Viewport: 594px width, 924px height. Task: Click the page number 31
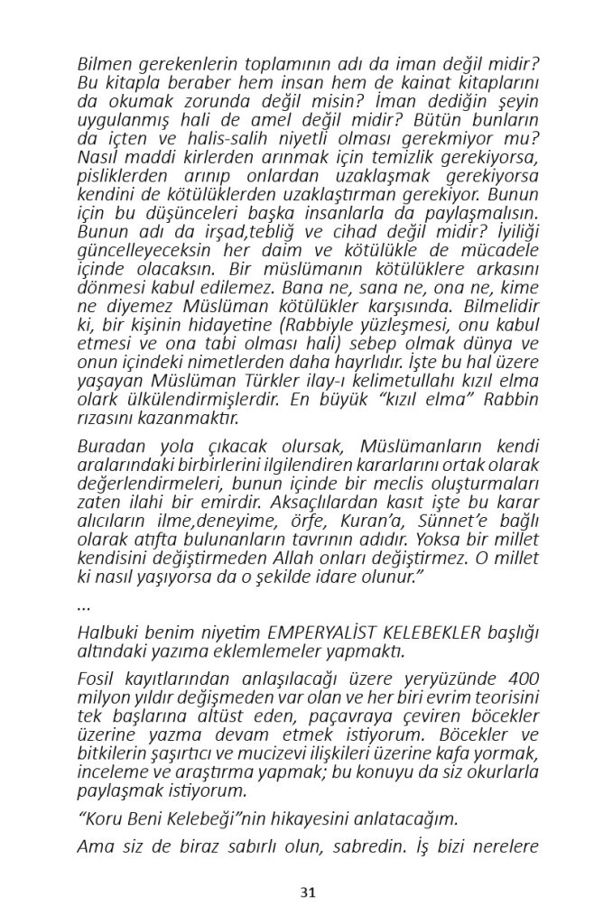(x=308, y=892)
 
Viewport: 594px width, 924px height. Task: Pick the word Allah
(x=318, y=559)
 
